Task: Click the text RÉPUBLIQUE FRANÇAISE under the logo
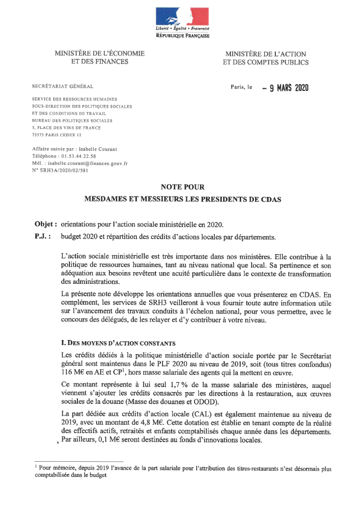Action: [x=182, y=35]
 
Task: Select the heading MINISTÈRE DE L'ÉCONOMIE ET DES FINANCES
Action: [x=100, y=58]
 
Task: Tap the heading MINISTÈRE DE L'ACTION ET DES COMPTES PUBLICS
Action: [x=266, y=58]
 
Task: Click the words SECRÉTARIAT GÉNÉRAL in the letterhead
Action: [x=63, y=86]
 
